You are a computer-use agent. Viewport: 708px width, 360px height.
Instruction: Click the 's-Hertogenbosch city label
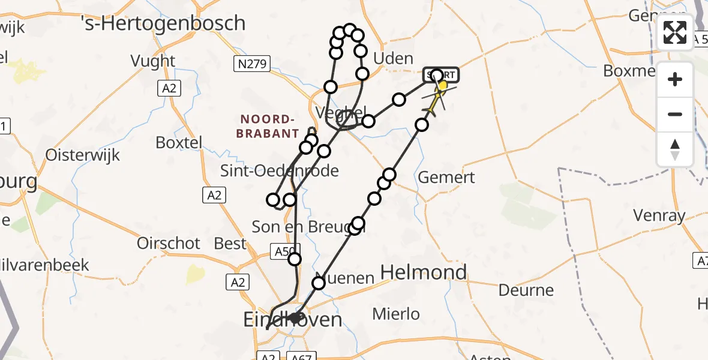163,23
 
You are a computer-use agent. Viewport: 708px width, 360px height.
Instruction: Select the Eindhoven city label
292,320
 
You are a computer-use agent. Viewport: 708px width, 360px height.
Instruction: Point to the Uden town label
393,59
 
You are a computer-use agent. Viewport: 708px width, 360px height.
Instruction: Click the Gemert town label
446,178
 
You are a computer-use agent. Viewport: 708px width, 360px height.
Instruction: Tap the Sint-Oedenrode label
280,171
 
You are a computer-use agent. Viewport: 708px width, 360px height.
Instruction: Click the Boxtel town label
179,143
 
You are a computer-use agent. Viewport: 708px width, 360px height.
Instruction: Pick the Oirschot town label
169,243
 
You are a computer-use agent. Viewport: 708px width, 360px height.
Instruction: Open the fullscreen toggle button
675,32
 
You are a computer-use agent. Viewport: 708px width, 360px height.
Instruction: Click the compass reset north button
675,149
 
